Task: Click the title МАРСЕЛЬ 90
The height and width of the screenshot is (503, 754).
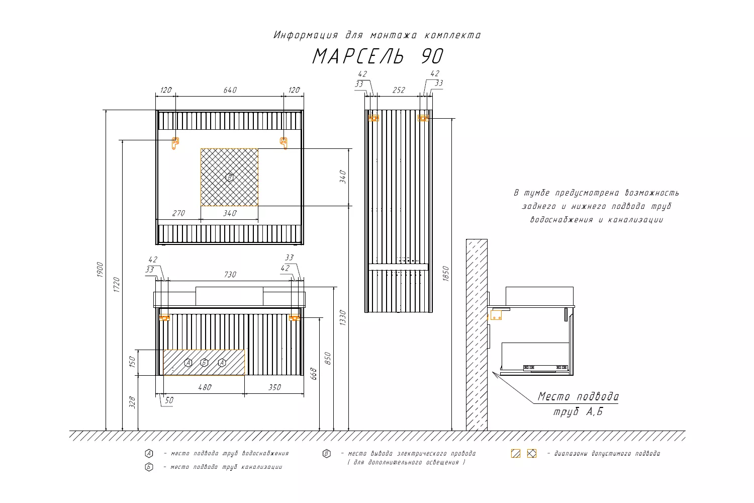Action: click(378, 56)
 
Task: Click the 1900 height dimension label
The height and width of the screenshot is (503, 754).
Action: click(100, 270)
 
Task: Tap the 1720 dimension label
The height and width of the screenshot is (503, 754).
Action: click(117, 284)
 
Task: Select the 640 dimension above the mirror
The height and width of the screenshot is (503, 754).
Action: click(230, 90)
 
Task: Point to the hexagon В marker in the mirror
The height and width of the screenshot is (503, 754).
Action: click(230, 177)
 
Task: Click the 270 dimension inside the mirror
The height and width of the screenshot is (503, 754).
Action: click(178, 213)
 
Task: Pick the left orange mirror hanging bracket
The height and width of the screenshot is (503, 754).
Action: click(175, 143)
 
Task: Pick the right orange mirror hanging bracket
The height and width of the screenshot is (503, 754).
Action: click(284, 143)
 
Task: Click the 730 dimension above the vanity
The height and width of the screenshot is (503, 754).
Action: click(230, 275)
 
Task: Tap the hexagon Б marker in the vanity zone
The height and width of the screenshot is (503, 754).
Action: click(204, 363)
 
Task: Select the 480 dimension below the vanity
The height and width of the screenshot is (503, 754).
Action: click(205, 387)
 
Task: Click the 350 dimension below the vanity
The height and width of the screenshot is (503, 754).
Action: click(274, 387)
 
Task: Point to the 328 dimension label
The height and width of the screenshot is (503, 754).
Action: click(132, 402)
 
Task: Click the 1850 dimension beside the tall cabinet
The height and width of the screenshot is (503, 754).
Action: click(446, 274)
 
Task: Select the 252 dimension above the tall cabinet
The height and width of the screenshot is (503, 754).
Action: click(399, 90)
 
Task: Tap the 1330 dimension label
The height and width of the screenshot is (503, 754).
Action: click(343, 317)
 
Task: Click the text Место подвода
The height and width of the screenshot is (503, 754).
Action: click(578, 396)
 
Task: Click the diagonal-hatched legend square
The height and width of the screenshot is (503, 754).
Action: click(516, 454)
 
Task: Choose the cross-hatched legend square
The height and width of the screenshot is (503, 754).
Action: click(532, 454)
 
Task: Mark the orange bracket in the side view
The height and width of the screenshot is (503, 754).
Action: click(496, 315)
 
